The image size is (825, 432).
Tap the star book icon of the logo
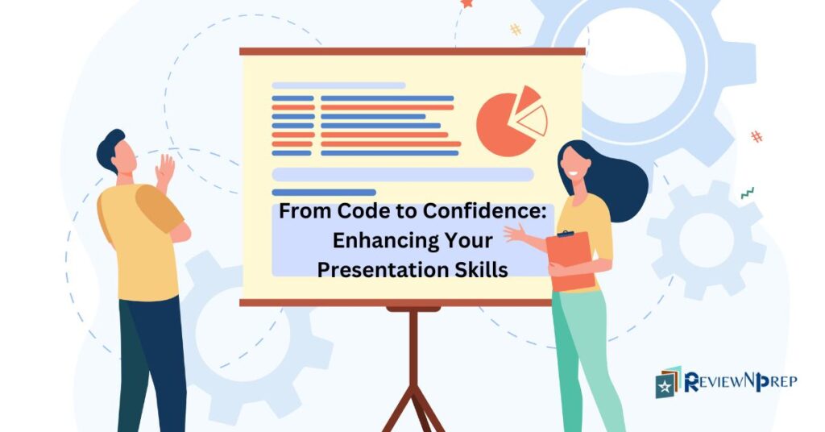668,383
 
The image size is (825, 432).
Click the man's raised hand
164,170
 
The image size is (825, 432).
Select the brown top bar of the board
412,52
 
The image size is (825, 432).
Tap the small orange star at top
466,4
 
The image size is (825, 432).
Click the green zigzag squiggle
748,193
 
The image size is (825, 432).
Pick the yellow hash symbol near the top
515,29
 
